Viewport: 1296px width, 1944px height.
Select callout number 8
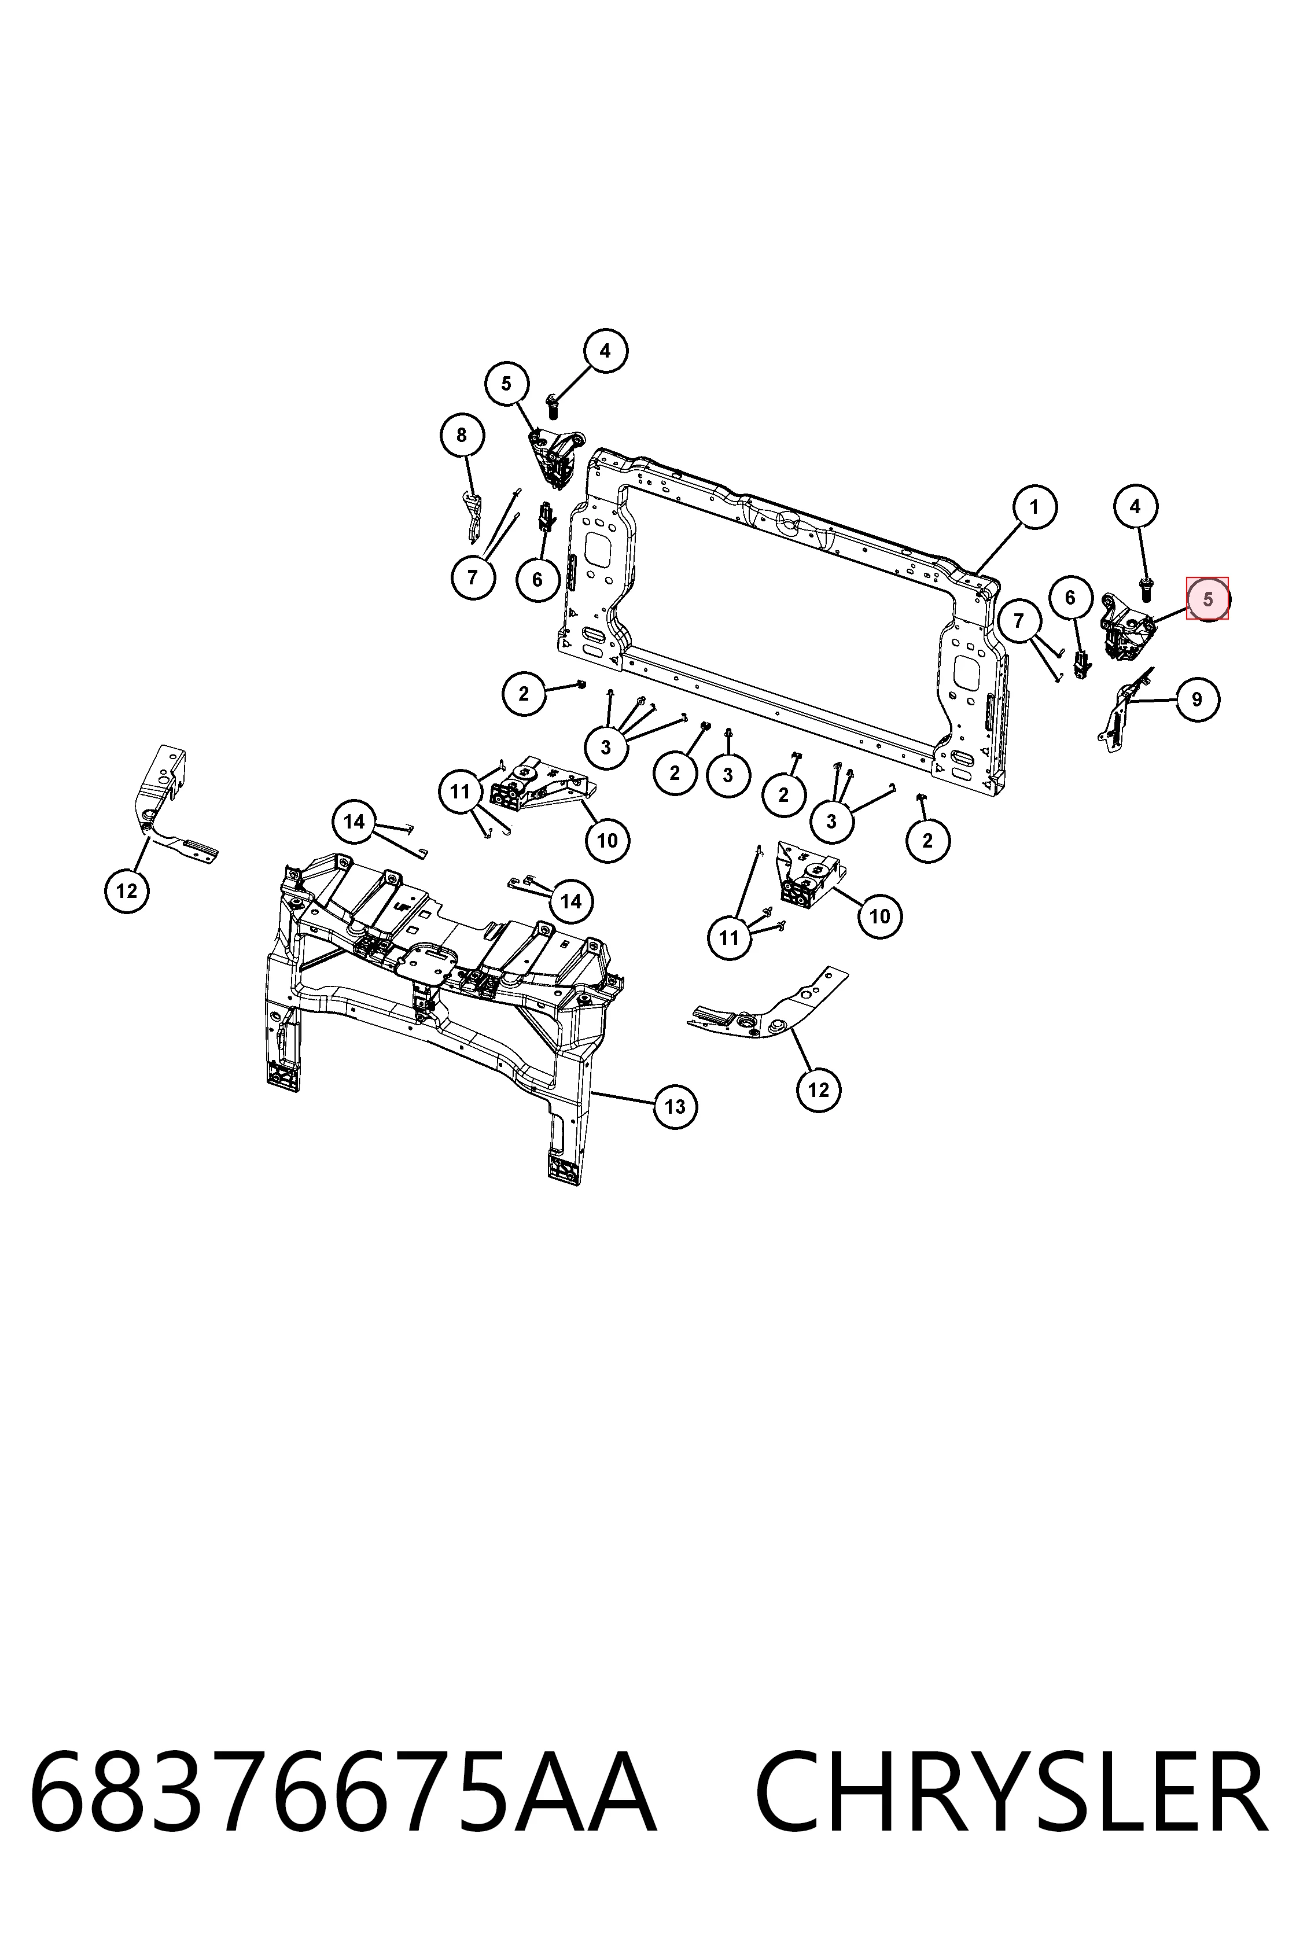(461, 435)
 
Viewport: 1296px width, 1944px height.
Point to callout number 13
(675, 1107)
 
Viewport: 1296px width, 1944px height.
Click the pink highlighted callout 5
(1207, 598)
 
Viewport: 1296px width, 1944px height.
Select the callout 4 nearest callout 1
(1135, 506)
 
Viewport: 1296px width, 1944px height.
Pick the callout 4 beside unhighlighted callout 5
(605, 351)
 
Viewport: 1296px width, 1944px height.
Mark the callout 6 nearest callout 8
(537, 579)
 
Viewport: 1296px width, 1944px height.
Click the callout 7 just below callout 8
(473, 576)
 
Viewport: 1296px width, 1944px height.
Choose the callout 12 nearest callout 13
(818, 1089)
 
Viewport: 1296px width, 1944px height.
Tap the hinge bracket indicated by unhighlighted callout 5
(557, 457)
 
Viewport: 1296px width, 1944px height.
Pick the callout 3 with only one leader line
(728, 775)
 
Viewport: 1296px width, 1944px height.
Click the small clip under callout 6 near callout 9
(1080, 664)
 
